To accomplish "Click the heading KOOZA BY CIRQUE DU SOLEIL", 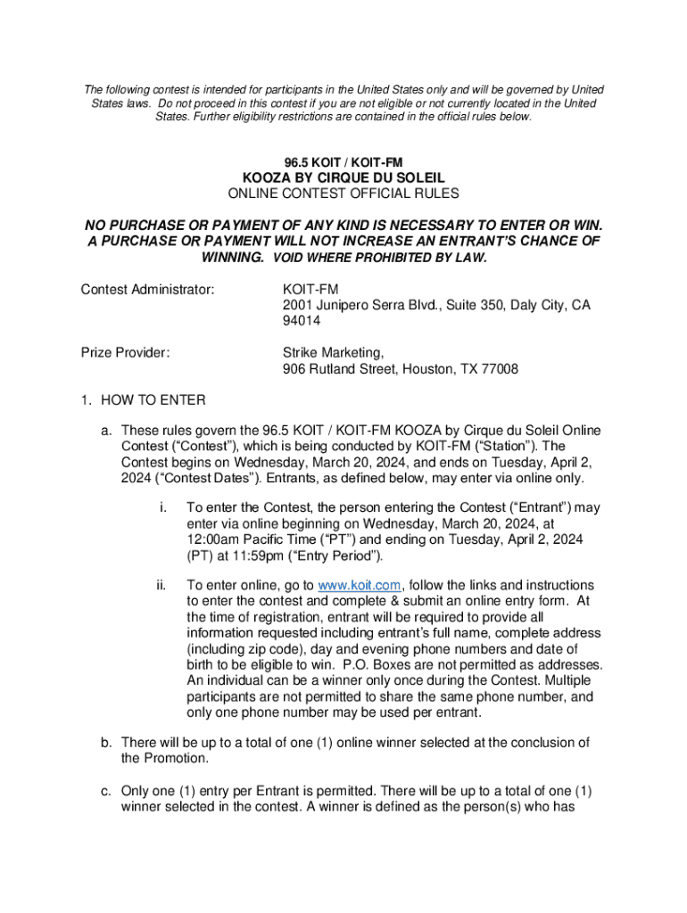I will [343, 177].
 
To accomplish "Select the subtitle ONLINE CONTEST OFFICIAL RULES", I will [343, 193].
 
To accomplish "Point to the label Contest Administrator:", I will [148, 289].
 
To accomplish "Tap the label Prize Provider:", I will [126, 352].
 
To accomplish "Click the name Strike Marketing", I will [331, 352].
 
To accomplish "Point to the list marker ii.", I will [161, 585].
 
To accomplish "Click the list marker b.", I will [106, 743].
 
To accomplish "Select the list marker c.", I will [106, 792].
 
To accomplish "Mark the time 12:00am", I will [216, 540].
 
